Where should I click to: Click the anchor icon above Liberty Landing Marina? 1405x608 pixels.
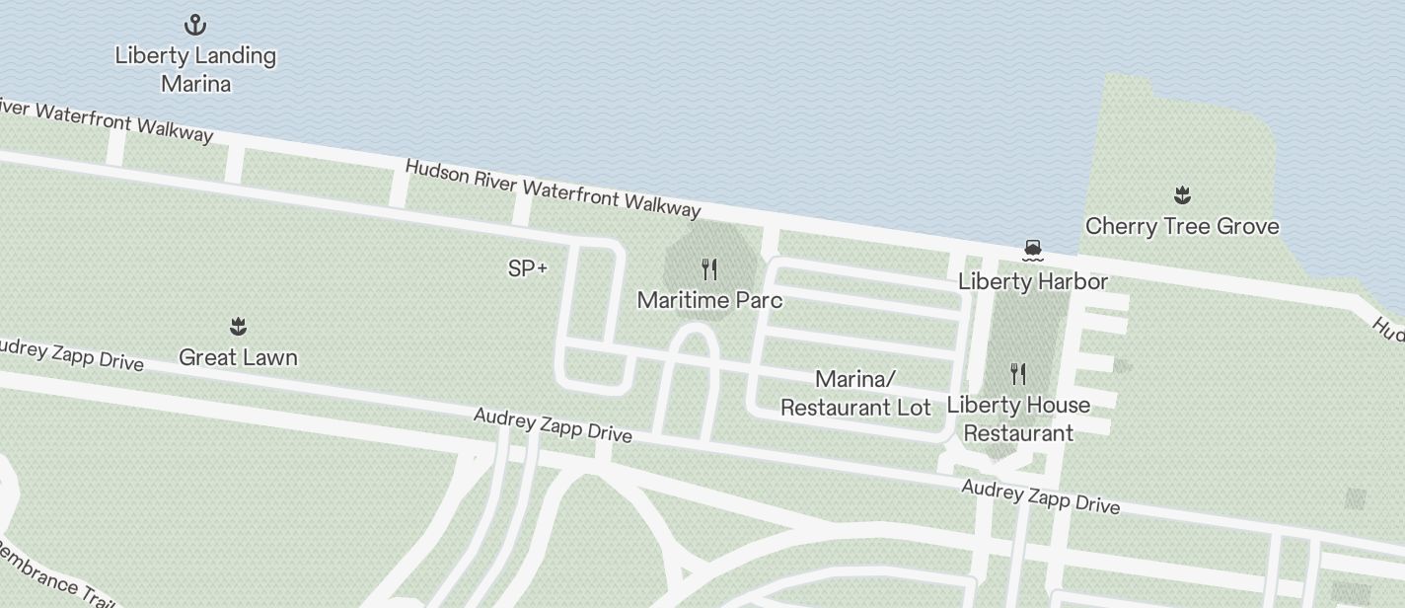tap(195, 25)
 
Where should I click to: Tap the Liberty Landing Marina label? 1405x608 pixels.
tap(195, 69)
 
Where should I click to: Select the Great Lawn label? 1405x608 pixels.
tap(238, 357)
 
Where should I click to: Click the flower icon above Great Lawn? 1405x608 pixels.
tap(238, 327)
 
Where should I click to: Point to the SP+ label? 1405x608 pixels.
tap(528, 268)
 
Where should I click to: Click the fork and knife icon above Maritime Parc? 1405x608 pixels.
tap(709, 269)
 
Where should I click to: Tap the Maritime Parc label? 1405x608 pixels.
tap(709, 300)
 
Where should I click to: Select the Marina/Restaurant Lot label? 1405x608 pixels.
tap(855, 393)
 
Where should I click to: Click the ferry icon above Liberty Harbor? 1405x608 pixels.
tap(1033, 251)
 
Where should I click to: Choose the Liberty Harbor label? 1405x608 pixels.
tap(1033, 282)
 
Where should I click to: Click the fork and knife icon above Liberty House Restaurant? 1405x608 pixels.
tap(1018, 374)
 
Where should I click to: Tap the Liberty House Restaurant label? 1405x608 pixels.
tap(1018, 418)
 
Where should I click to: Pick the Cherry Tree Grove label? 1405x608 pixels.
tap(1182, 226)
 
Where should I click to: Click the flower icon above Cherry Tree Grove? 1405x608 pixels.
tap(1182, 195)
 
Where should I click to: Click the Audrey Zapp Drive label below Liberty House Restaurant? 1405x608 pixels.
tap(1040, 496)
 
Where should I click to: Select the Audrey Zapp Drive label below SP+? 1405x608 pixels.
tap(553, 424)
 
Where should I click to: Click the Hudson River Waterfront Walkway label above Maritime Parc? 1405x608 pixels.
tap(553, 188)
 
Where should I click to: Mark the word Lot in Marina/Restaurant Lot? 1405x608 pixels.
tap(914, 407)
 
